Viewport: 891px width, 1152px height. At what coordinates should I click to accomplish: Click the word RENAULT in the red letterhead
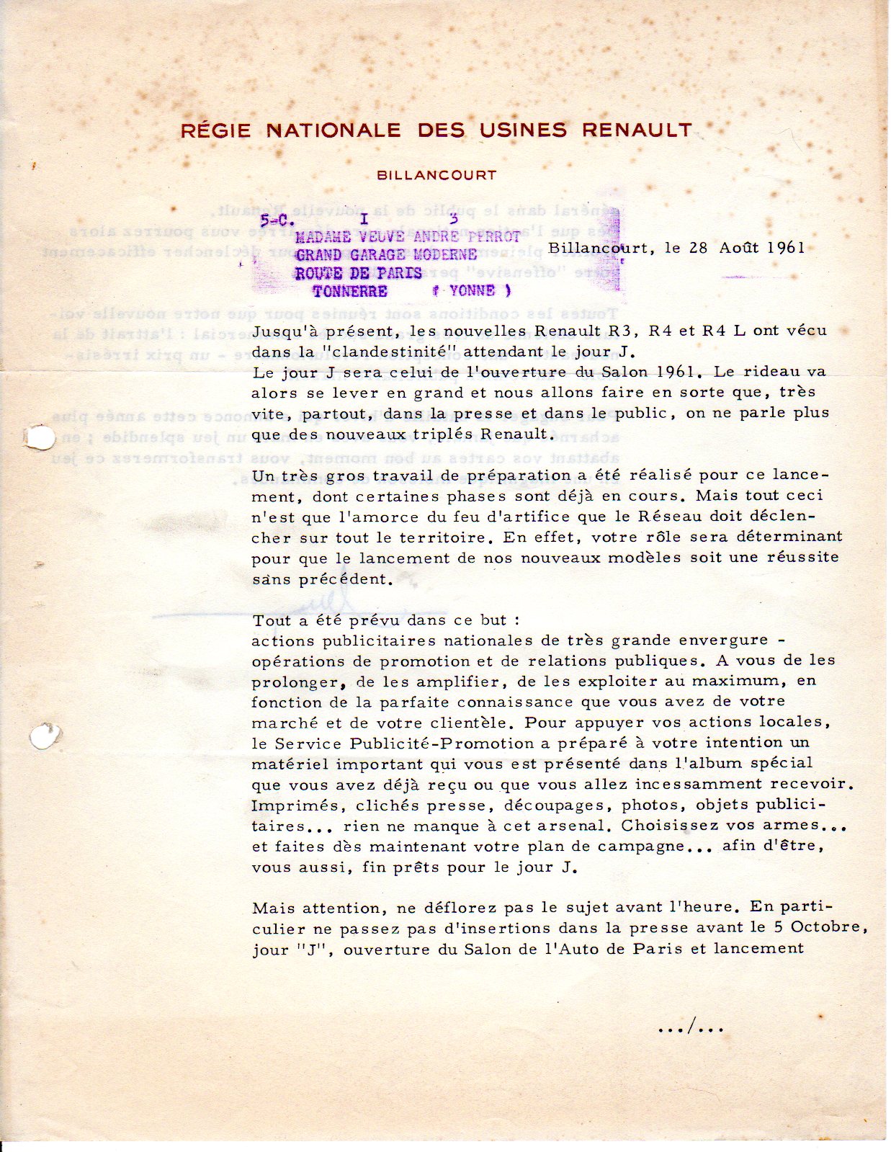pyautogui.click(x=637, y=130)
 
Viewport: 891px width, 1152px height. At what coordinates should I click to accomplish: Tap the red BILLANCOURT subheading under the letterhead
pyautogui.click(x=436, y=175)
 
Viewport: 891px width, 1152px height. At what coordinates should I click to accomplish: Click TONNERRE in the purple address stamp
pyautogui.click(x=350, y=292)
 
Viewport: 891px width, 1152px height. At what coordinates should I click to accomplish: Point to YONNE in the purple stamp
pyautogui.click(x=473, y=291)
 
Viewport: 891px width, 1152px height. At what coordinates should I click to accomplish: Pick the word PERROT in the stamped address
pyautogui.click(x=494, y=237)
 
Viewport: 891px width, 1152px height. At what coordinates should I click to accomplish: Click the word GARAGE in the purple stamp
pyautogui.click(x=379, y=255)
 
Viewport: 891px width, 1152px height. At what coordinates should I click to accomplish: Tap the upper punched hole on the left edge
pyautogui.click(x=39, y=437)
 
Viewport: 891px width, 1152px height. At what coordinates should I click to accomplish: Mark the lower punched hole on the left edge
pyautogui.click(x=45, y=736)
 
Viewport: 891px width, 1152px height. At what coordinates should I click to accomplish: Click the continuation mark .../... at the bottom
pyautogui.click(x=691, y=1028)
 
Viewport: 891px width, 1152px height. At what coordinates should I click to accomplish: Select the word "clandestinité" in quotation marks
pyautogui.click(x=383, y=352)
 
